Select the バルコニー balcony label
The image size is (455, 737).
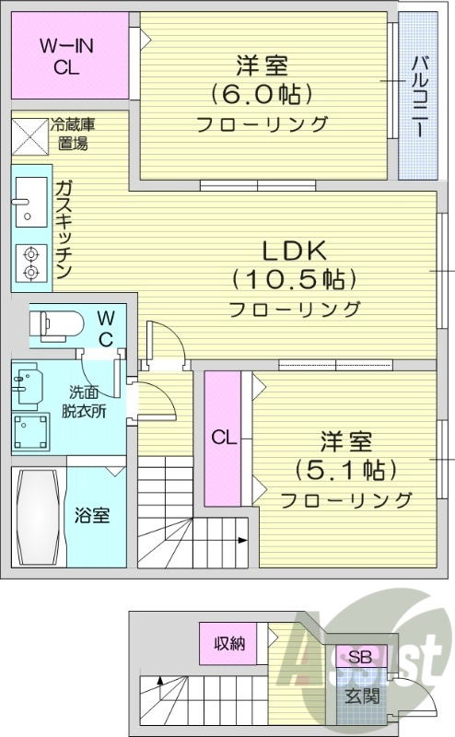(418, 96)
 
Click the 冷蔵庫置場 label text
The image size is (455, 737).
(74, 133)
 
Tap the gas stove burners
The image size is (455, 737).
(29, 262)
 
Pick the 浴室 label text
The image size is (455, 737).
(92, 514)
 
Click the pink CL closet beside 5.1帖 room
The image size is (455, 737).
(222, 438)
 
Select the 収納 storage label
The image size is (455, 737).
(229, 644)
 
